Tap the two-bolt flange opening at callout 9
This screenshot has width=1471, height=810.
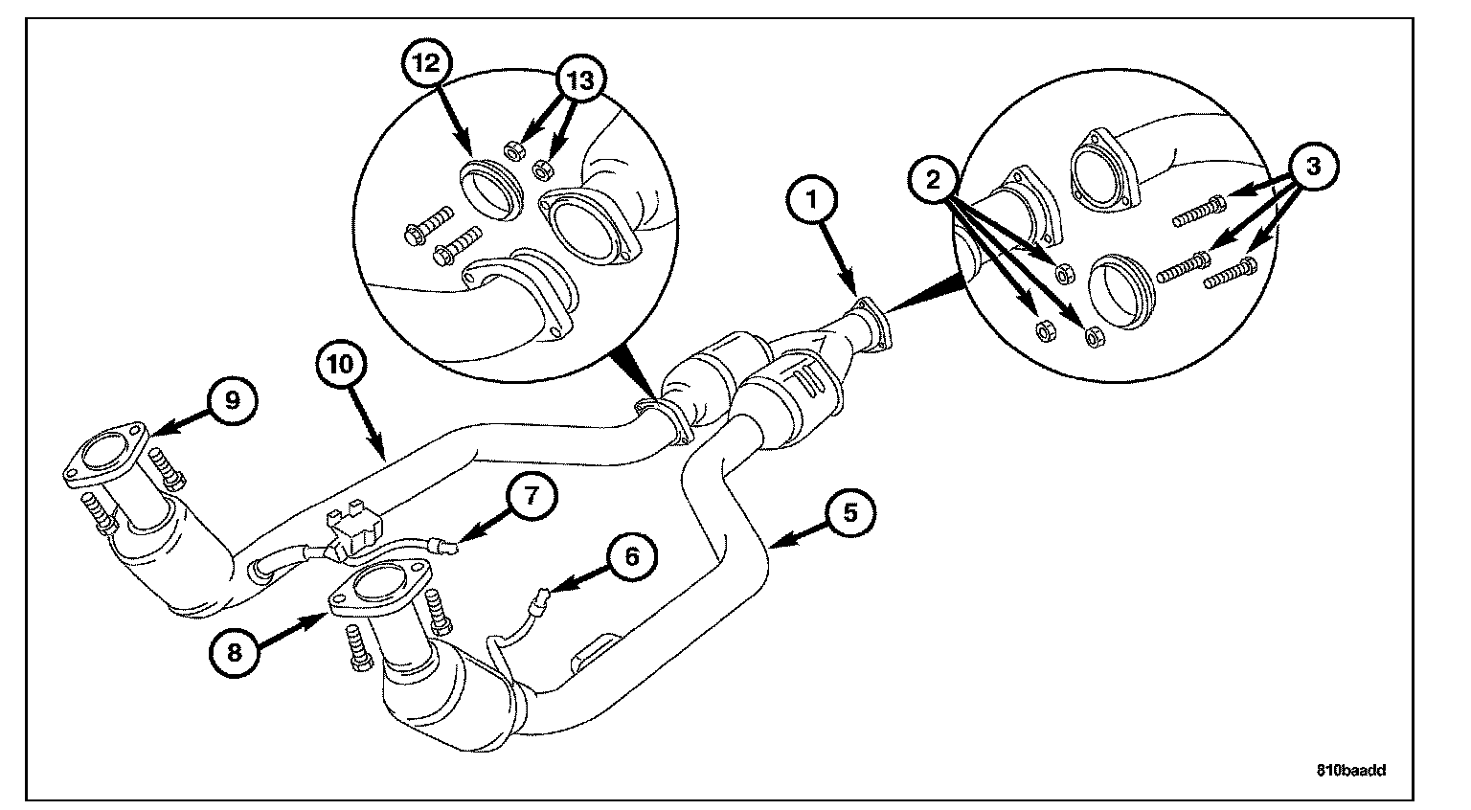[104, 454]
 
